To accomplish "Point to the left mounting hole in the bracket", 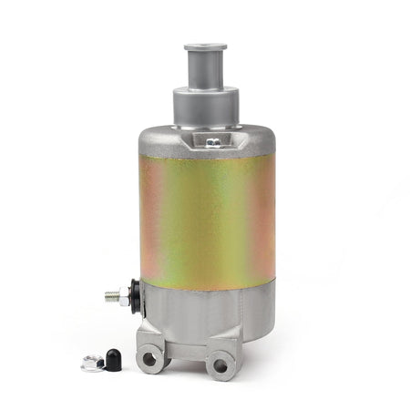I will (148, 359).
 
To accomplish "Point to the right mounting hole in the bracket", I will (219, 366).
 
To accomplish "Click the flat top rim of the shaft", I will (205, 46).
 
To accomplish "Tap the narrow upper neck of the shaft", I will (205, 68).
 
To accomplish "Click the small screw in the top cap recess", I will (211, 141).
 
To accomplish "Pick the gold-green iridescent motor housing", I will (205, 219).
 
